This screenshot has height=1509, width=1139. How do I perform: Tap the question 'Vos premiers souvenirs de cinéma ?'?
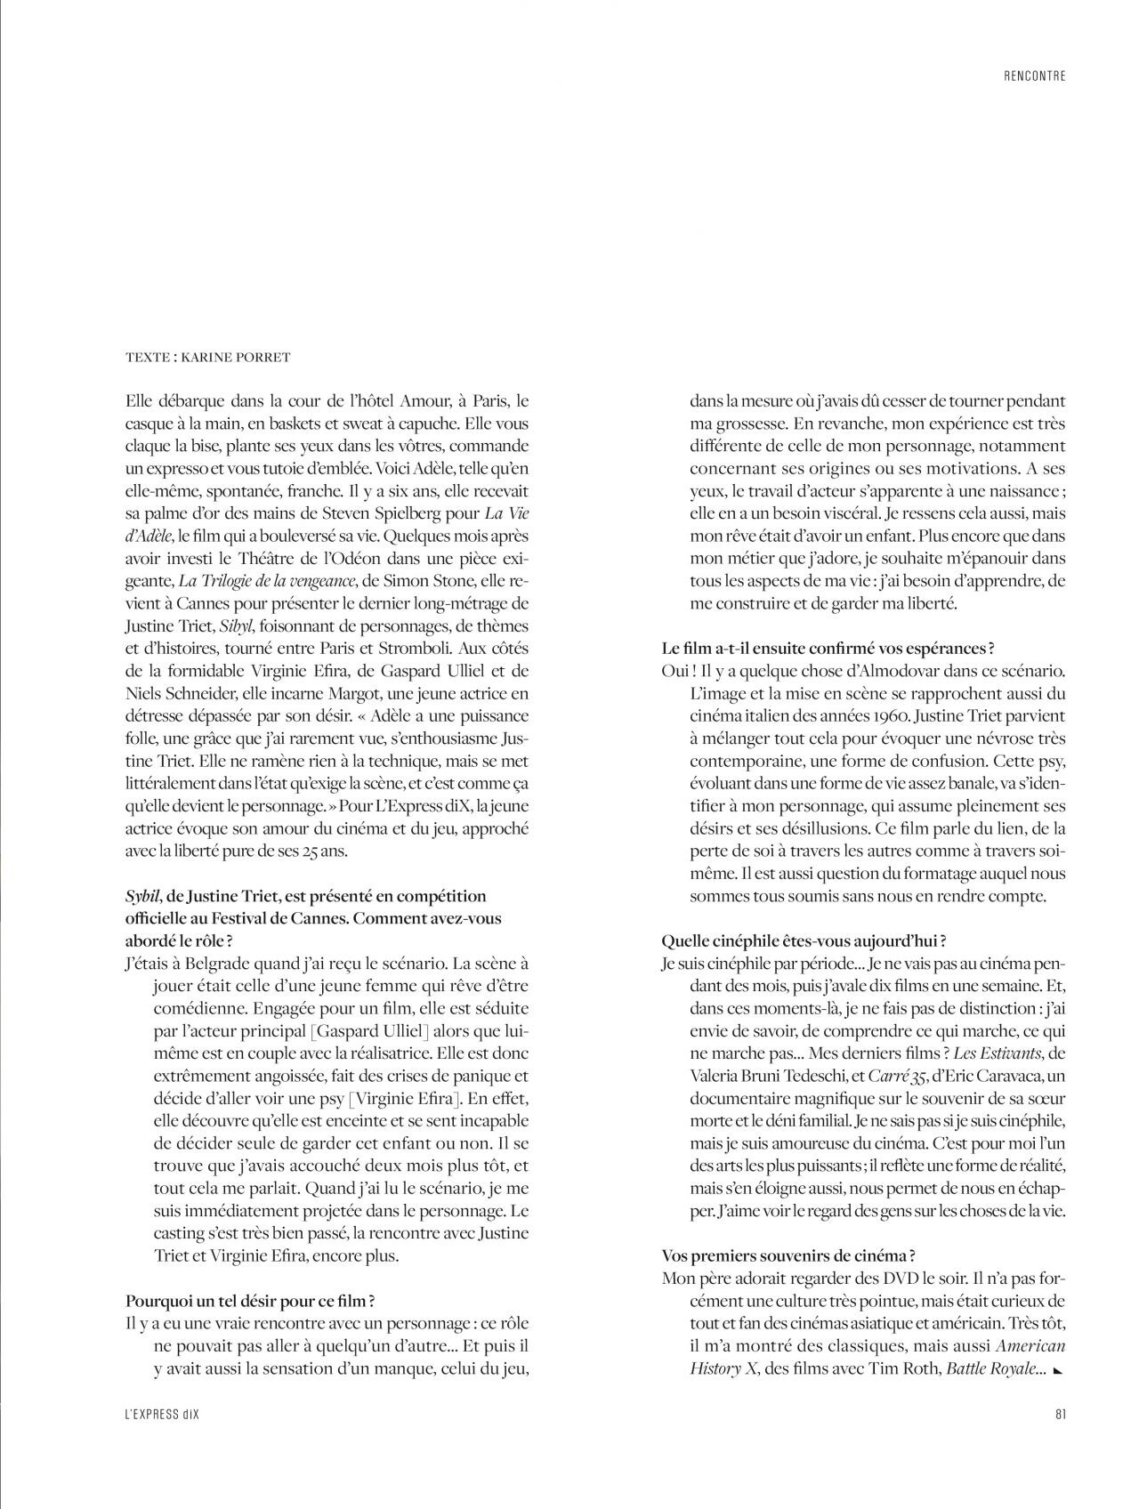click(x=789, y=1255)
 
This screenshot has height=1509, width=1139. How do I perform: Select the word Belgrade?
click(x=223, y=964)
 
